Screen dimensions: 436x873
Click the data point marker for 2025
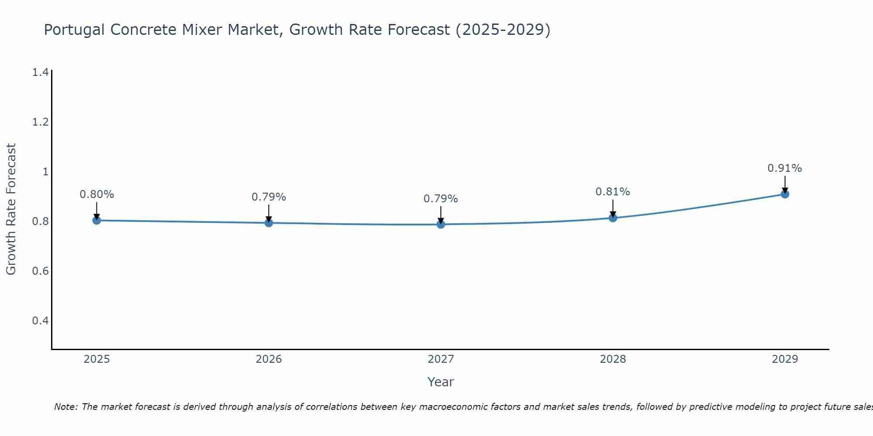(x=97, y=220)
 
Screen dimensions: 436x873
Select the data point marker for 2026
(x=269, y=223)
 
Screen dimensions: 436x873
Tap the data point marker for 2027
(x=441, y=224)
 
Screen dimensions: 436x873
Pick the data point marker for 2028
(x=613, y=218)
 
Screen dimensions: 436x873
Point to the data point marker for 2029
(x=785, y=194)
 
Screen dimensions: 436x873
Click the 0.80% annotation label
(x=97, y=194)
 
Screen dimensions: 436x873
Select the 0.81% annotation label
(x=613, y=192)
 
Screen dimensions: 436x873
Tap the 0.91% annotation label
(x=785, y=168)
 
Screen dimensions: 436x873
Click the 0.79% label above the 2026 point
(x=269, y=197)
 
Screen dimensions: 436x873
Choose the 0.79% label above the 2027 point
(x=441, y=199)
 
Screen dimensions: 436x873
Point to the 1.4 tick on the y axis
(x=40, y=72)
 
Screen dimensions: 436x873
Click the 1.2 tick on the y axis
(x=40, y=122)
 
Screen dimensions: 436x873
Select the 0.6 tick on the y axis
(x=40, y=271)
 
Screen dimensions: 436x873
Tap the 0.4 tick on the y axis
(x=40, y=321)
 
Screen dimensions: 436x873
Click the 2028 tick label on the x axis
(x=613, y=359)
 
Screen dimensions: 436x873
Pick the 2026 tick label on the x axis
(x=269, y=359)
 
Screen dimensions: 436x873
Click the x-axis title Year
(x=441, y=382)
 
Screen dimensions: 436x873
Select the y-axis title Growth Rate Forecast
(x=11, y=209)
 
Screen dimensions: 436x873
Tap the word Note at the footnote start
(x=65, y=407)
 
